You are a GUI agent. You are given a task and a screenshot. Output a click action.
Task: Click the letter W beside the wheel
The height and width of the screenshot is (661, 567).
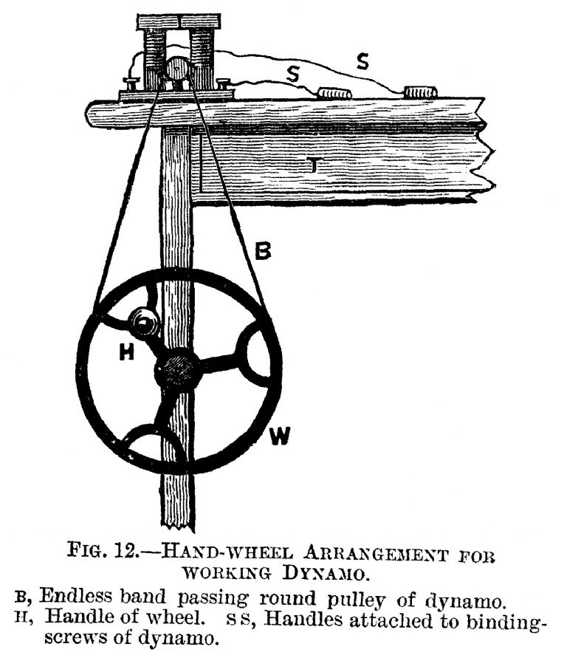pyautogui.click(x=280, y=436)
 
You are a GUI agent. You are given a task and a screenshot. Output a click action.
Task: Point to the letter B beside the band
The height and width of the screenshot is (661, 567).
pyautogui.click(x=264, y=251)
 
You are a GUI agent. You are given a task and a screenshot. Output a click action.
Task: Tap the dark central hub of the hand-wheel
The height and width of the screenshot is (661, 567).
pyautogui.click(x=177, y=368)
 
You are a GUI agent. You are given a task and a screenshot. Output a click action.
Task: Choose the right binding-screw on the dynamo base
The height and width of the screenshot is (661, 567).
pyautogui.click(x=224, y=83)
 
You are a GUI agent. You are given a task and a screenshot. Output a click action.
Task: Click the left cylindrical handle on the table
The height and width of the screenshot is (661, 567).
pyautogui.click(x=334, y=93)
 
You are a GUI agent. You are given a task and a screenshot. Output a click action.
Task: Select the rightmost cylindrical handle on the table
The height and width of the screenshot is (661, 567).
pyautogui.click(x=421, y=92)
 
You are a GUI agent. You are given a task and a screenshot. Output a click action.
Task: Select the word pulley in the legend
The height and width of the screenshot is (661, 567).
pyautogui.click(x=357, y=600)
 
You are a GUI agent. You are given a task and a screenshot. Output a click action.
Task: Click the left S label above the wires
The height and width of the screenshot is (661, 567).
pyautogui.click(x=292, y=74)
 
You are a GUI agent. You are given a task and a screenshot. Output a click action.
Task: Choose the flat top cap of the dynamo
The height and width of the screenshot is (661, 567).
pyautogui.click(x=179, y=21)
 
